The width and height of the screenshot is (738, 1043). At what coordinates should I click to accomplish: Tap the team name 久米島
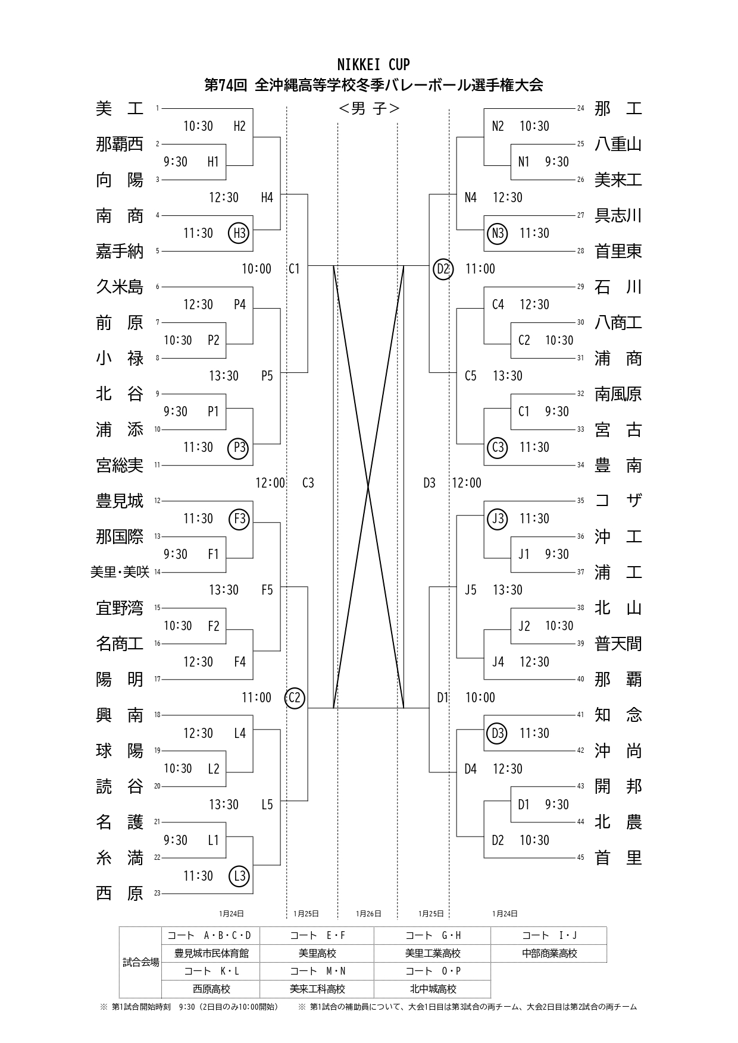[x=120, y=287]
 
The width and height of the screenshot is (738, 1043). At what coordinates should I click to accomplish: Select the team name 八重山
[x=618, y=144]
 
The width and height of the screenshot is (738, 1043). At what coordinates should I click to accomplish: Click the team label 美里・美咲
[x=120, y=572]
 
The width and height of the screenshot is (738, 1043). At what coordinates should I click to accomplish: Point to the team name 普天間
[x=618, y=644]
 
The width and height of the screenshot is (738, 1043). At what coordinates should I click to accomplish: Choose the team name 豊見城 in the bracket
[x=120, y=501]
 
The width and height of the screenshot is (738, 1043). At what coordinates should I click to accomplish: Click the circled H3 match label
[x=239, y=233]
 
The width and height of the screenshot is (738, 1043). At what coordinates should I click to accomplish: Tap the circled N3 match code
[x=498, y=233]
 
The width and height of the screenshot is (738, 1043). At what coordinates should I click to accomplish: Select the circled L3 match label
[x=239, y=876]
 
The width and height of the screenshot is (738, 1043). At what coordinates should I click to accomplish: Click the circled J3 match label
[x=498, y=519]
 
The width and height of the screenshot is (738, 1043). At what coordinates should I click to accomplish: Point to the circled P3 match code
[x=239, y=447]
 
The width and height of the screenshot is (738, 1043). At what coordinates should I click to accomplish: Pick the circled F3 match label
[x=239, y=519]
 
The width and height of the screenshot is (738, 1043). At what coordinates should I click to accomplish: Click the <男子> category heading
[x=369, y=109]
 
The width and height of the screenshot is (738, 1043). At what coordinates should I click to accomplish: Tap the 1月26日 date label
[x=368, y=913]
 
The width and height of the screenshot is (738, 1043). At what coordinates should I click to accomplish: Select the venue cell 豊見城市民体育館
[x=211, y=953]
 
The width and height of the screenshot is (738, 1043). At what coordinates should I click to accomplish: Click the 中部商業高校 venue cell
[x=549, y=953]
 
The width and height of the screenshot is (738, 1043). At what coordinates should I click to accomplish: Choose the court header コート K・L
[x=211, y=971]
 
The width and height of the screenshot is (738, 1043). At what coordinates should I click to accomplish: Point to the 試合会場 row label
[x=141, y=962]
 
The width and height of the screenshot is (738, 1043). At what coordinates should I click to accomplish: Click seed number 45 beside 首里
[x=580, y=857]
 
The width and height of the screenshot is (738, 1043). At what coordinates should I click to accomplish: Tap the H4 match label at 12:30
[x=267, y=197]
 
